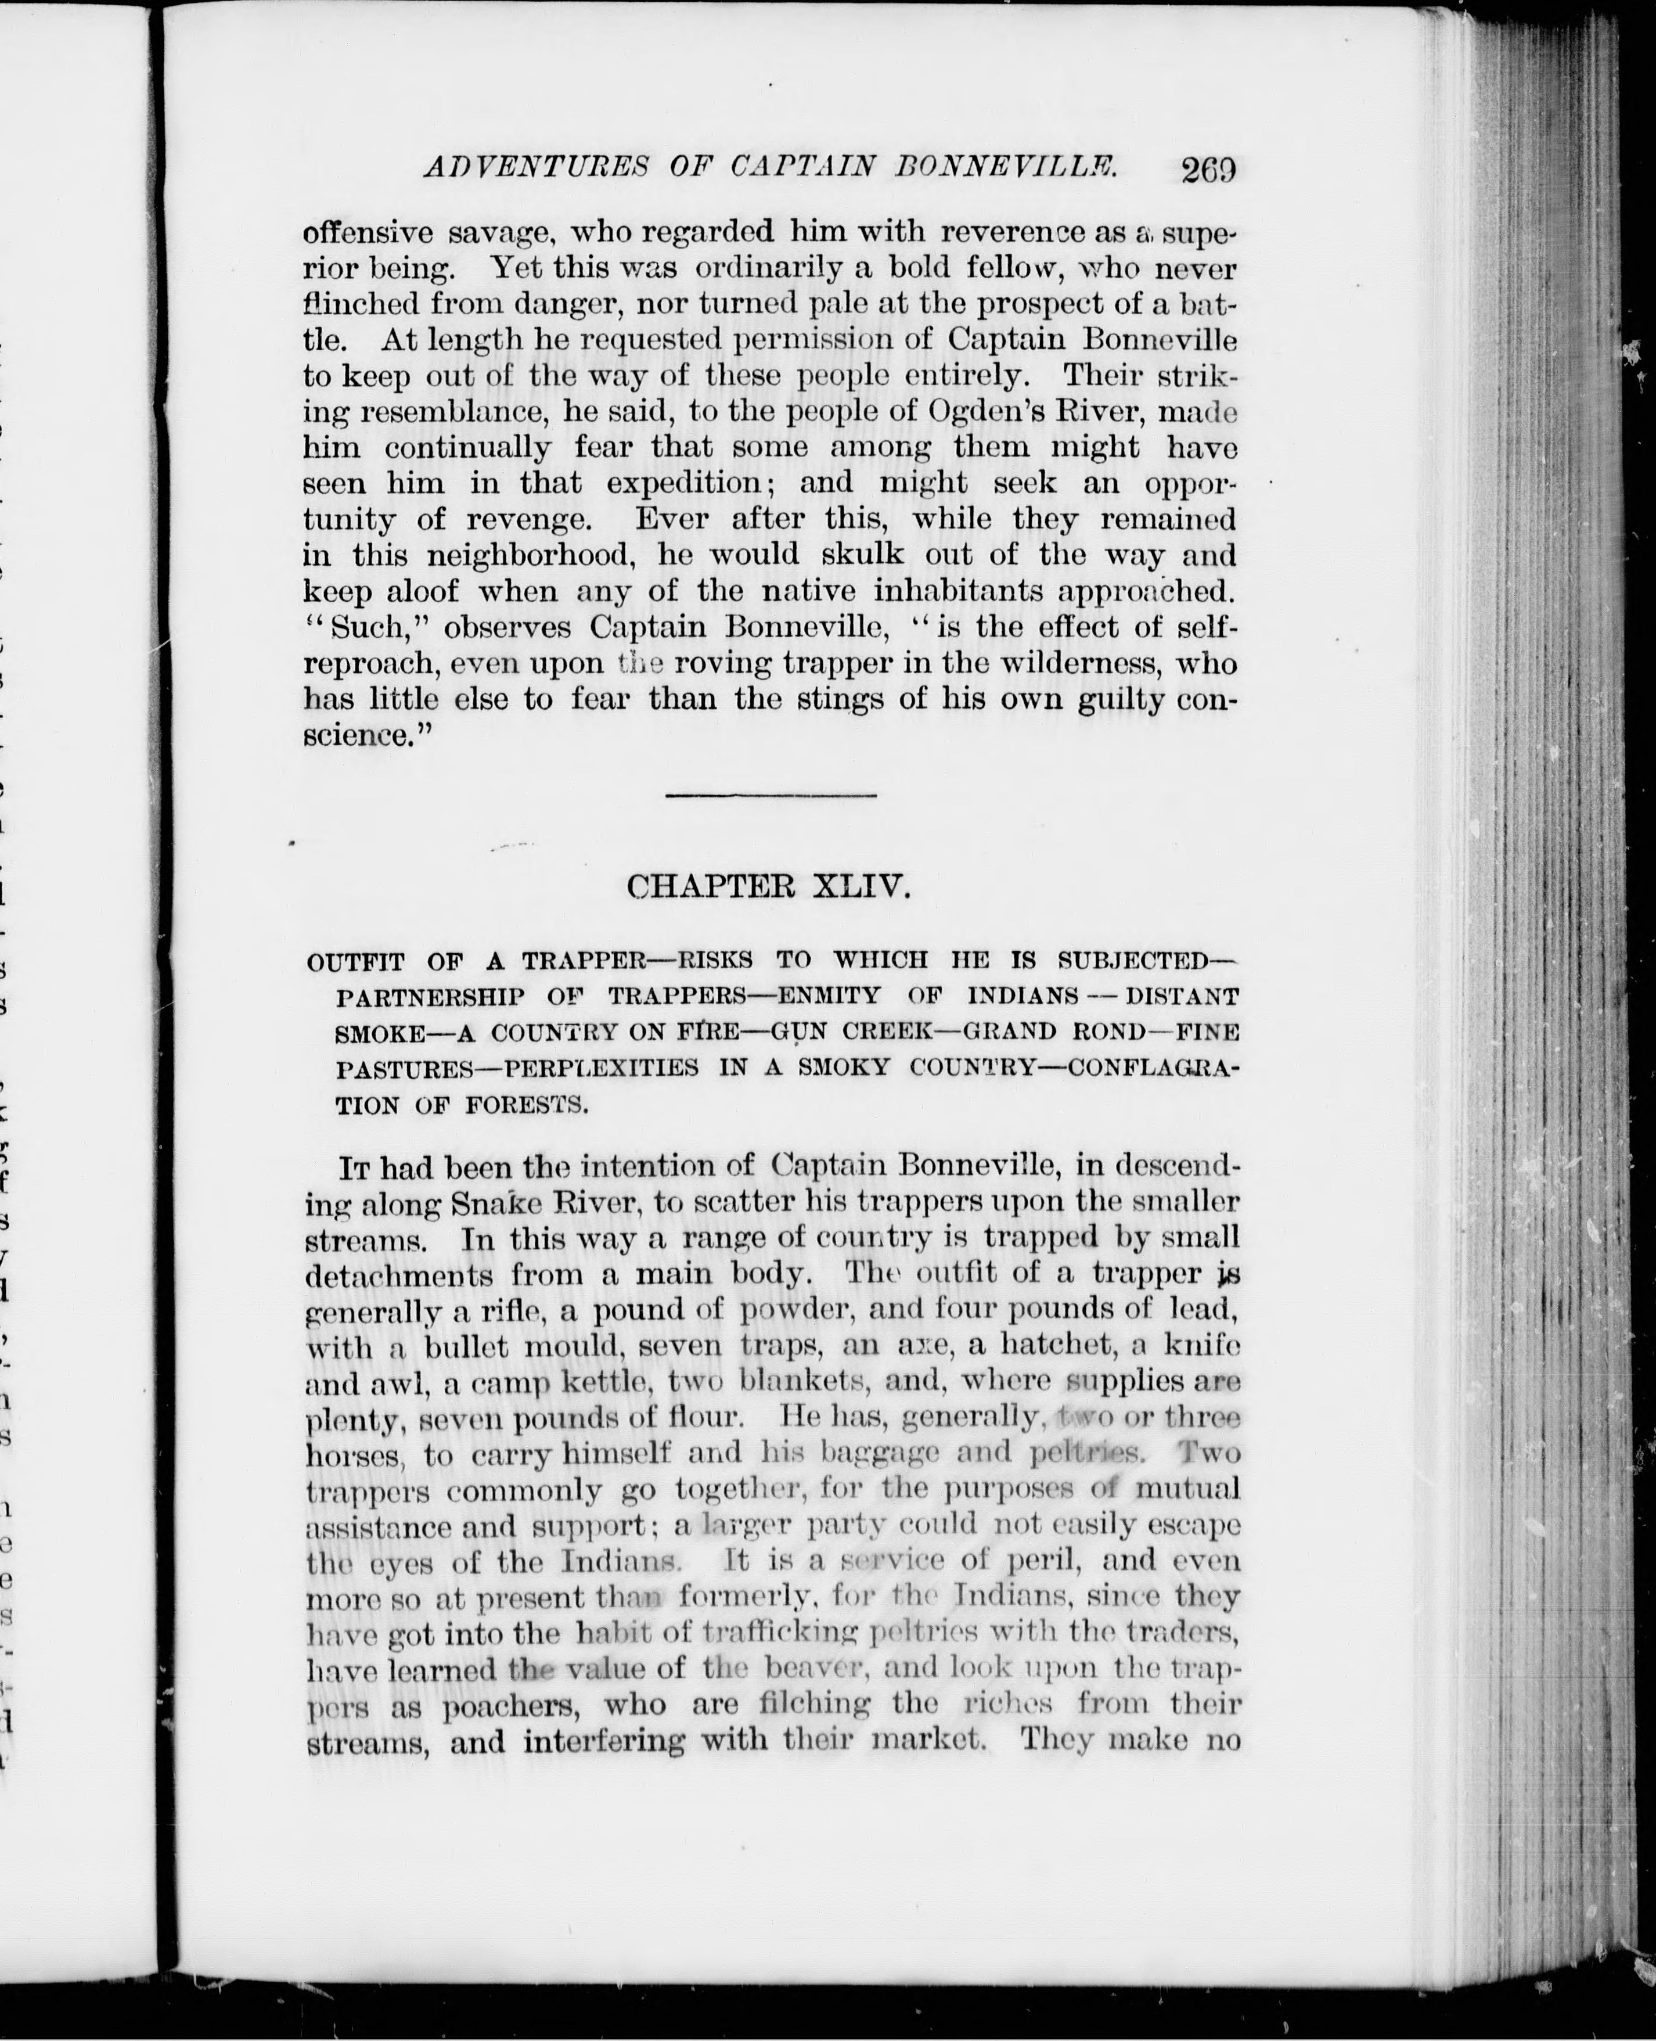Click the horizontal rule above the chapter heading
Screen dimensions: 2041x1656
770,795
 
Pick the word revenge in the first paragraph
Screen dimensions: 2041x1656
527,519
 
